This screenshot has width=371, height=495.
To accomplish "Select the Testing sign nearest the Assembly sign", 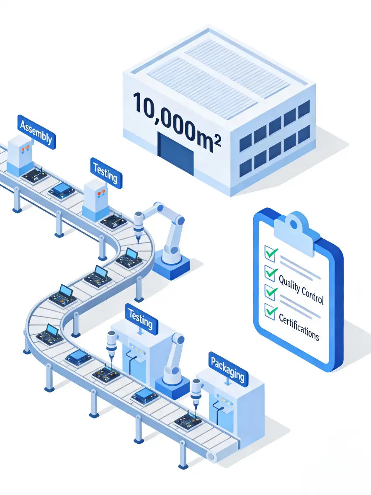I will coord(106,173).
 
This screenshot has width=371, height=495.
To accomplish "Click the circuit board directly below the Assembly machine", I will coord(34,176).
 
